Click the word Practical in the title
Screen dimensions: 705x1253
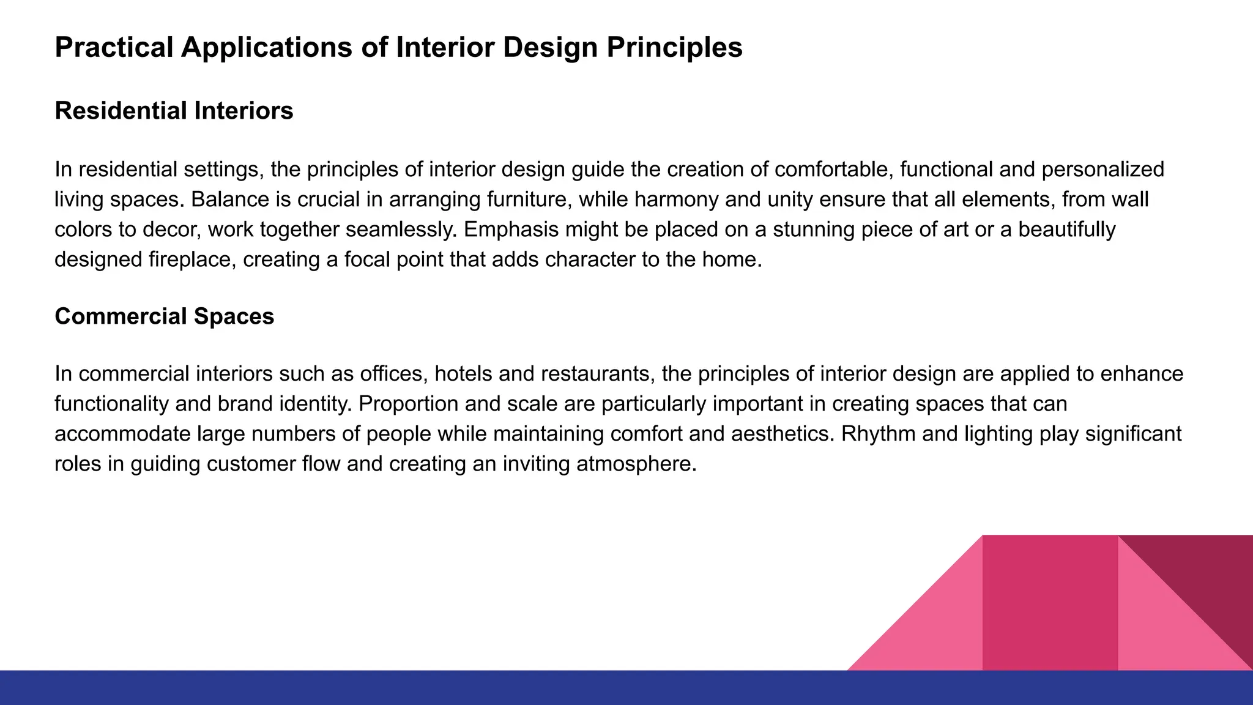pos(114,48)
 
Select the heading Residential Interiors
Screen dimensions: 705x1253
pos(174,111)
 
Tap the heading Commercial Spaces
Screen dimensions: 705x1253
pos(164,316)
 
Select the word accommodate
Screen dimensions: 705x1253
pos(122,434)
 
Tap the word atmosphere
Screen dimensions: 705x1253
pos(638,464)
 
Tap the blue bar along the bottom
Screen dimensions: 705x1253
pos(428,688)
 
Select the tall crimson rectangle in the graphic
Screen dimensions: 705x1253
pos(1050,603)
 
